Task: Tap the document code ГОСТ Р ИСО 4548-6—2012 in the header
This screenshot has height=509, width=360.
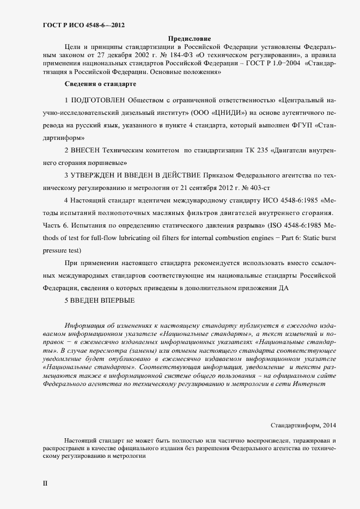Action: pyautogui.click(x=87, y=25)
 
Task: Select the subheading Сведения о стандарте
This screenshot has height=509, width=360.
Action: pyautogui.click(x=100, y=84)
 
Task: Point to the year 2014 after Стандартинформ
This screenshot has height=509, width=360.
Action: pyautogui.click(x=328, y=425)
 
